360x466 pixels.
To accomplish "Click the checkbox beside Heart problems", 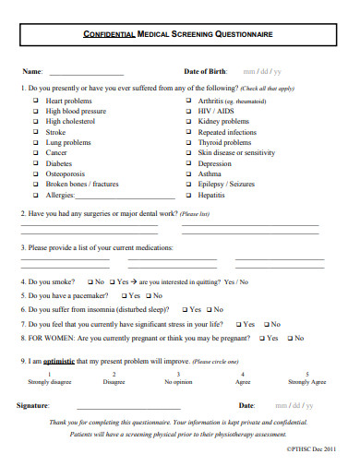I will (34, 102).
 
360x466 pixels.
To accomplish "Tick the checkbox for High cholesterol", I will (34, 121).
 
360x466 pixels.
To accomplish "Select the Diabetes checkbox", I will (34, 162).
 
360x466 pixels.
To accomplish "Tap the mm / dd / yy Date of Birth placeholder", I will (262, 71).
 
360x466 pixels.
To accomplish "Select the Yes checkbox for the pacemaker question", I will (121, 296).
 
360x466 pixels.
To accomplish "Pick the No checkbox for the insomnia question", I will (219, 310).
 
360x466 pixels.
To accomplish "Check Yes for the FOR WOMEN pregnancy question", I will (261, 339).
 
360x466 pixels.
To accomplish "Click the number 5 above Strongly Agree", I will (306, 374).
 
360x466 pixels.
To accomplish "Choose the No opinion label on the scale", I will (178, 382).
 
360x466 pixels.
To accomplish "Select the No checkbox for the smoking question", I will (89, 281).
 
